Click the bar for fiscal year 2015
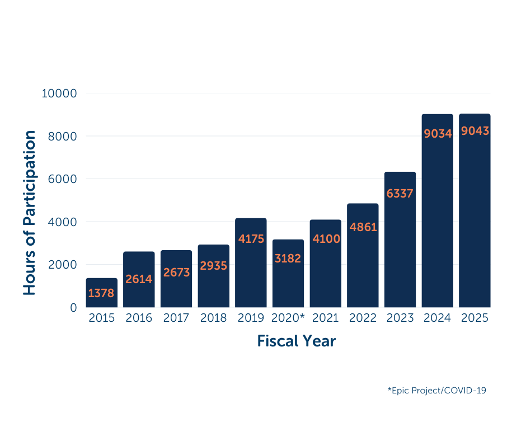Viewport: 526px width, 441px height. [x=101, y=293]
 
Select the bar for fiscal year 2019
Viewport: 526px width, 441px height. [x=251, y=263]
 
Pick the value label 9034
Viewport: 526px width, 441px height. [x=437, y=134]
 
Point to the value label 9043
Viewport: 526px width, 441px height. [x=475, y=131]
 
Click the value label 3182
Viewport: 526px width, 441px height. [x=288, y=259]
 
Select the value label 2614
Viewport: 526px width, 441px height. [x=139, y=279]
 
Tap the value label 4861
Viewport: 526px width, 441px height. [x=363, y=227]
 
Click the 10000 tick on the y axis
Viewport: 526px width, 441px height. [x=59, y=93]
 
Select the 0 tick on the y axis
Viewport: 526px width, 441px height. [x=73, y=307]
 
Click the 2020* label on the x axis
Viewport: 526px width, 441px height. [x=288, y=318]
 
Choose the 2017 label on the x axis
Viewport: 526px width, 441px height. [x=176, y=318]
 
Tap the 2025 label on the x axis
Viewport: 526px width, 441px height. [x=475, y=318]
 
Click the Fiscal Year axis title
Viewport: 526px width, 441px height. [x=296, y=341]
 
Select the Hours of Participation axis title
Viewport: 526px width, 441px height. [x=30, y=213]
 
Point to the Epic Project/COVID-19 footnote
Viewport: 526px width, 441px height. [x=436, y=390]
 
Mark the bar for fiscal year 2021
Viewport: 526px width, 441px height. [x=325, y=264]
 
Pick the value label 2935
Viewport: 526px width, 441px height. [x=213, y=266]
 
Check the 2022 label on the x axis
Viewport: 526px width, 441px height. [x=363, y=318]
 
